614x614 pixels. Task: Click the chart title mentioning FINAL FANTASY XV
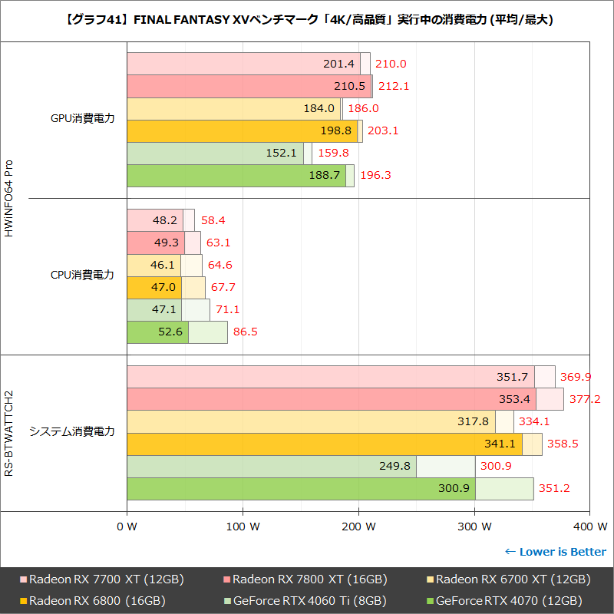click(x=307, y=20)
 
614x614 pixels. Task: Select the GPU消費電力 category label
click(x=82, y=119)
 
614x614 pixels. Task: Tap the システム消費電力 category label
click(x=72, y=432)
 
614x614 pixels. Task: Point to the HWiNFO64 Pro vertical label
click(x=10, y=198)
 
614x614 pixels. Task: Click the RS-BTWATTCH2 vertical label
click(x=10, y=433)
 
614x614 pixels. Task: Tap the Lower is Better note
click(x=555, y=552)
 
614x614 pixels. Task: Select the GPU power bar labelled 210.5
click(x=249, y=86)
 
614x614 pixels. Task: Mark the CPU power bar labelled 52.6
click(x=157, y=332)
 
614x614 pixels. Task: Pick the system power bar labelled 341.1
click(x=324, y=444)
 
